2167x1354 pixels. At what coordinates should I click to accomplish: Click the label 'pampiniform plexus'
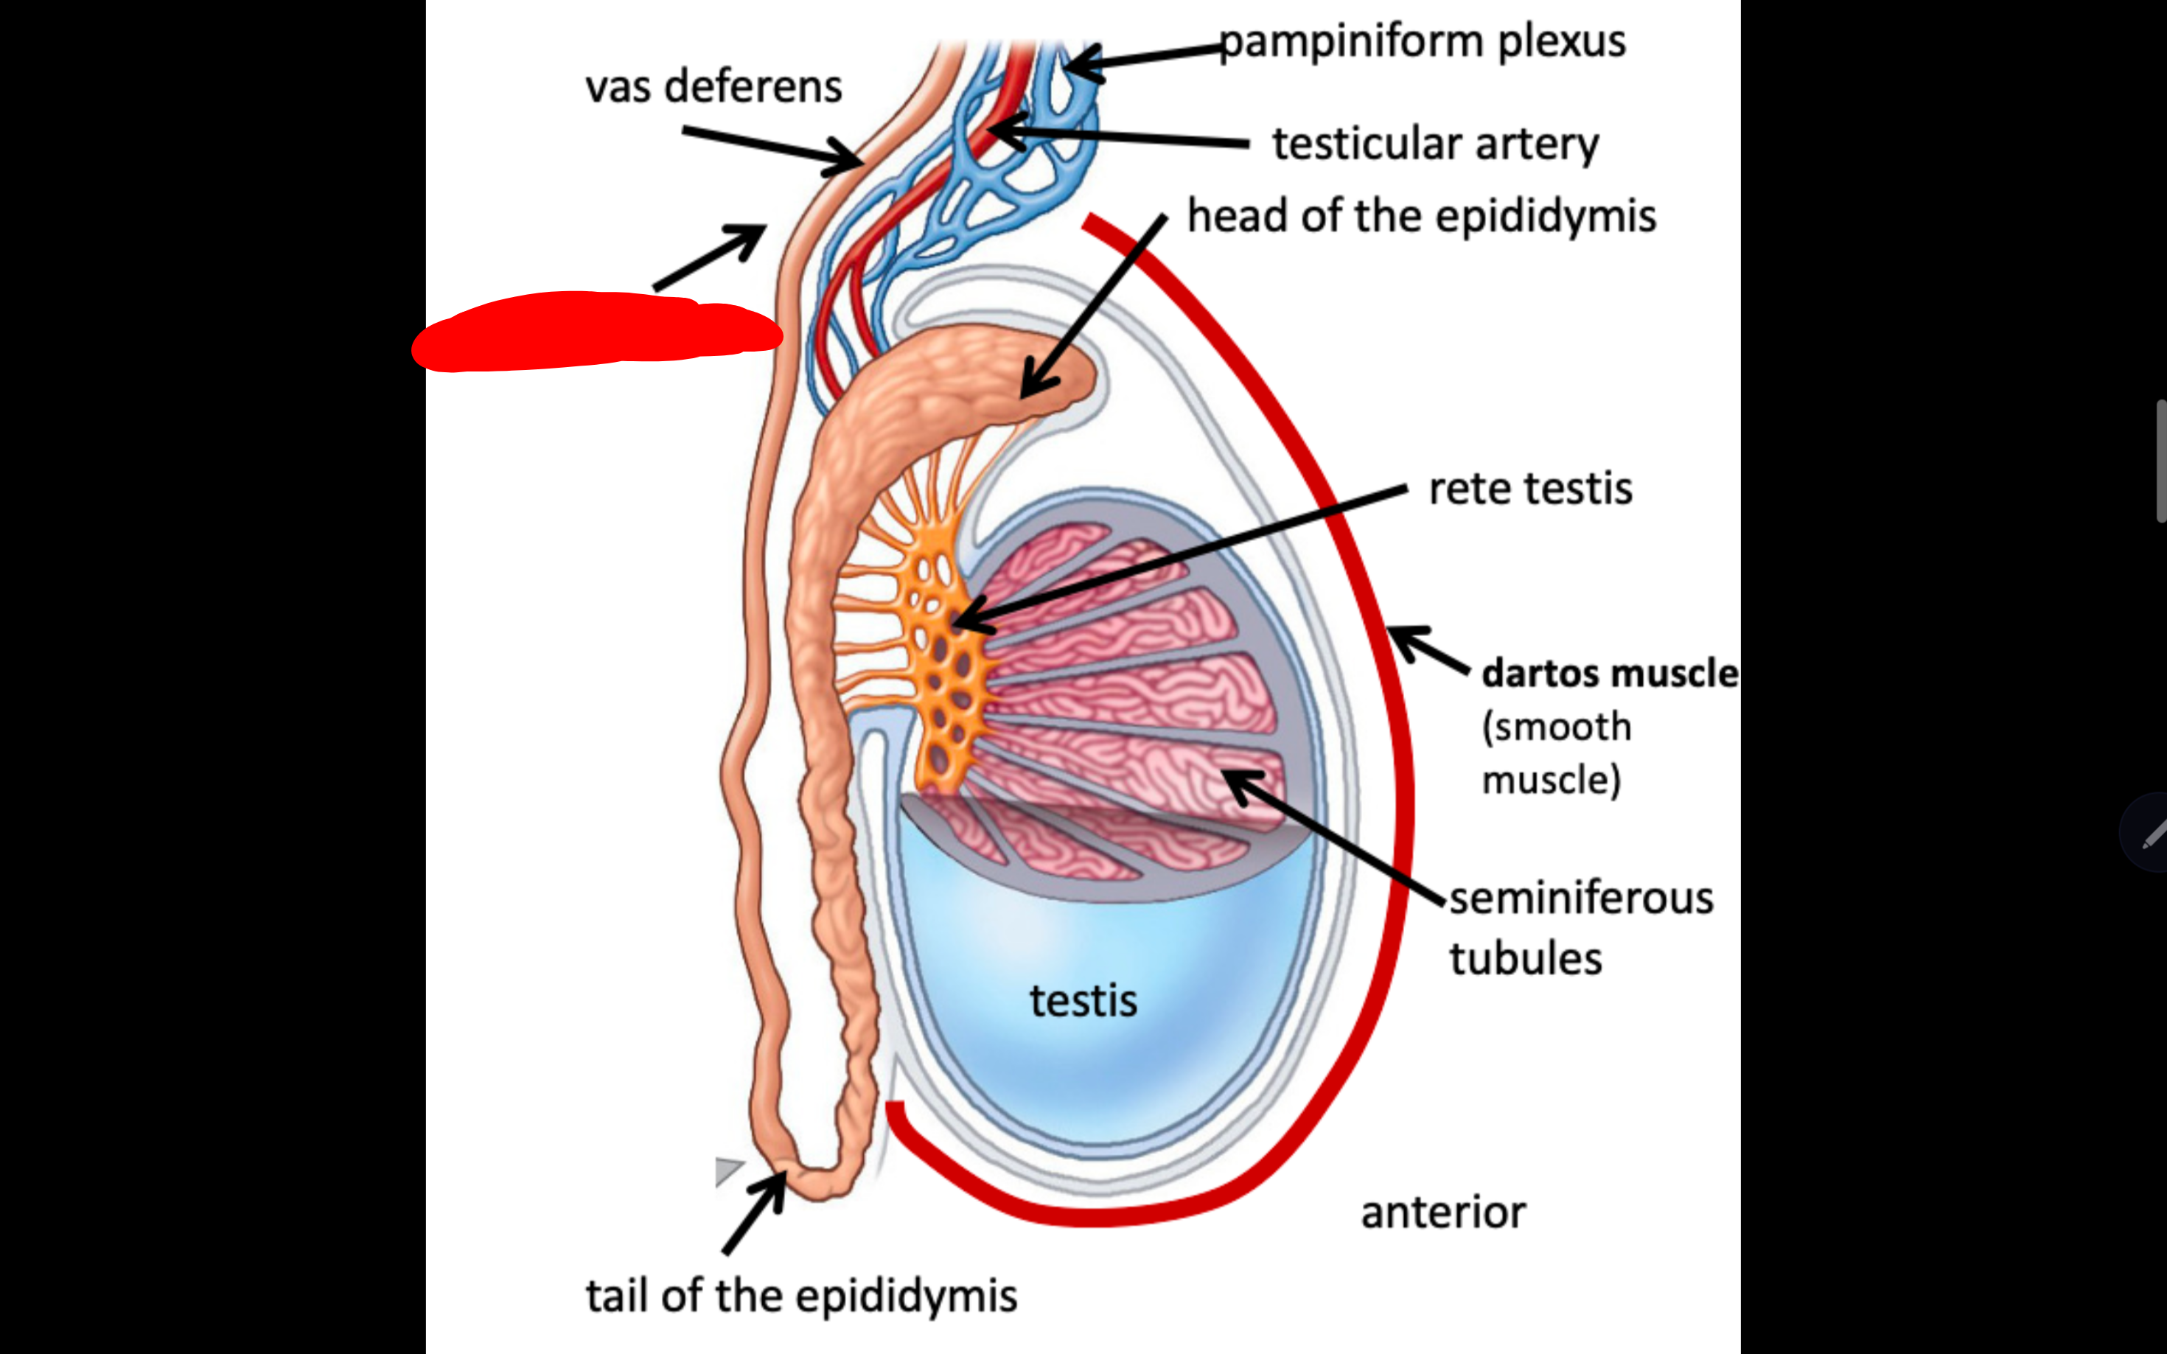pyautogui.click(x=1422, y=42)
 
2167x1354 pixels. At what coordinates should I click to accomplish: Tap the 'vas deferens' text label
pyautogui.click(x=713, y=87)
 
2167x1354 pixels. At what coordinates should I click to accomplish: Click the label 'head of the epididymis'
pyautogui.click(x=1421, y=216)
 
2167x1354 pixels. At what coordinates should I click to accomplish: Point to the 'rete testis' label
pyautogui.click(x=1530, y=489)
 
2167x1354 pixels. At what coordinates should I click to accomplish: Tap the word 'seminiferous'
pyautogui.click(x=1580, y=898)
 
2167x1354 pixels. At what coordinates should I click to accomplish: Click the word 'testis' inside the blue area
pyautogui.click(x=1083, y=1000)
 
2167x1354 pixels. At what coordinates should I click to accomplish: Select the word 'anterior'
pyautogui.click(x=1442, y=1212)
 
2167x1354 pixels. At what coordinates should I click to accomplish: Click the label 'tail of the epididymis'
pyautogui.click(x=801, y=1296)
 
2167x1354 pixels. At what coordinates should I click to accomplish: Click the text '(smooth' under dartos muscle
pyautogui.click(x=1556, y=726)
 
